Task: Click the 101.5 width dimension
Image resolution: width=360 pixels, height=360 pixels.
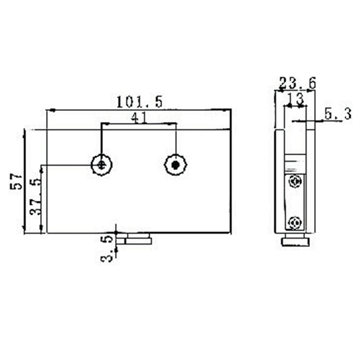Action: [139, 102]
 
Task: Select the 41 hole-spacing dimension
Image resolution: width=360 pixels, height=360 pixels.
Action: [139, 117]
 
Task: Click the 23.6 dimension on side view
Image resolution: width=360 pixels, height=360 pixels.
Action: [297, 83]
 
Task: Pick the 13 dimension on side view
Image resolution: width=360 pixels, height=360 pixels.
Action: [295, 98]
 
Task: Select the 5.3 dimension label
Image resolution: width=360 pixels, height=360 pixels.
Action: [338, 115]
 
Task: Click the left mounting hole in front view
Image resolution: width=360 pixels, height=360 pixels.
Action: [102, 165]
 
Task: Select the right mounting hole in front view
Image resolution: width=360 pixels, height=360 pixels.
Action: [175, 165]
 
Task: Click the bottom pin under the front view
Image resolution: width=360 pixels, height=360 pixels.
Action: [139, 238]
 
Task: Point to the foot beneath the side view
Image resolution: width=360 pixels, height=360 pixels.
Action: [295, 242]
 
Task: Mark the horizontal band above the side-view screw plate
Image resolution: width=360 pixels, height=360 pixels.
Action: [295, 160]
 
